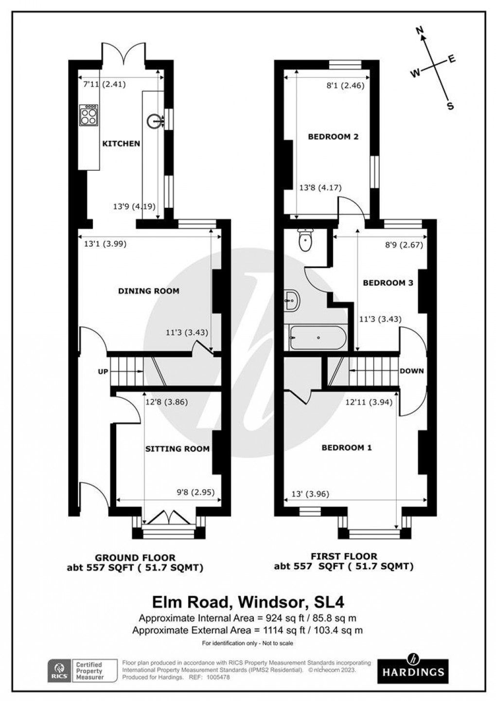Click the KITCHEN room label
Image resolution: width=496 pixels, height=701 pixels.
[x=121, y=144]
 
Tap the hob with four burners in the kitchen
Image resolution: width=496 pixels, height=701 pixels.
[x=88, y=116]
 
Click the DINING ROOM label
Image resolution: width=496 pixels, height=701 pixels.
[x=149, y=291]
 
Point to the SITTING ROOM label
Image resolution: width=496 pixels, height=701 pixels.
[x=177, y=449]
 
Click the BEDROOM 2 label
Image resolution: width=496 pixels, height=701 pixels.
[x=333, y=137]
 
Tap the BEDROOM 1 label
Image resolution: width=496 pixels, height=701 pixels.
[x=347, y=448]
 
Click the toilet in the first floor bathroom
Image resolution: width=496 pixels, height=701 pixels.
[x=305, y=240]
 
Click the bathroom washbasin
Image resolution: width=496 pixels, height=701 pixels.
[x=292, y=301]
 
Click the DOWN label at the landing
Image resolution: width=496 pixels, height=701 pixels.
[x=411, y=371]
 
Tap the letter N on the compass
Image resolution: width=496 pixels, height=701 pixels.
[x=421, y=32]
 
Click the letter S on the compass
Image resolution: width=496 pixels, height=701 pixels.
[x=450, y=106]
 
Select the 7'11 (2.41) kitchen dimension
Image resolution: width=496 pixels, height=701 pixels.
[x=104, y=84]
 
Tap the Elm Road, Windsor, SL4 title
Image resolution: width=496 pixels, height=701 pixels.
[x=248, y=602]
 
